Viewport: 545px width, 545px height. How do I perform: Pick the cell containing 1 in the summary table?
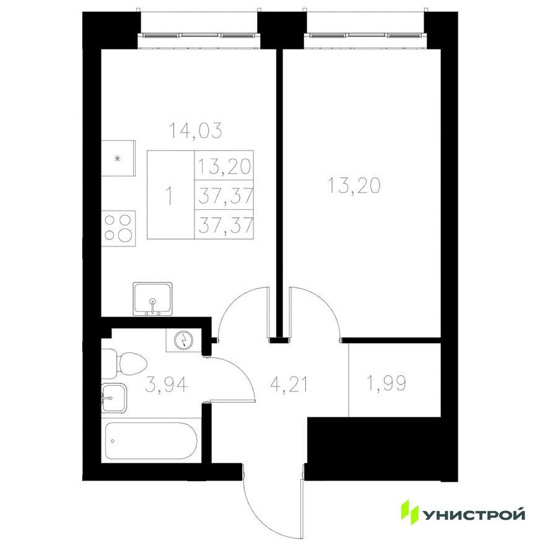pyautogui.click(x=170, y=194)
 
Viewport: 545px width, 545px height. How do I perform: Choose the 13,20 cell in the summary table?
pyautogui.click(x=224, y=165)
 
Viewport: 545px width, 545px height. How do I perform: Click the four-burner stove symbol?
pyautogui.click(x=119, y=226)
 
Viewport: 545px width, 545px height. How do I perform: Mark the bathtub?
pyautogui.click(x=152, y=441)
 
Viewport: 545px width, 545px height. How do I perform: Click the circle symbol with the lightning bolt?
pyautogui.click(x=184, y=339)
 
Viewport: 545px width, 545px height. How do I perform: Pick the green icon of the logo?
pyautogui.click(x=410, y=512)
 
